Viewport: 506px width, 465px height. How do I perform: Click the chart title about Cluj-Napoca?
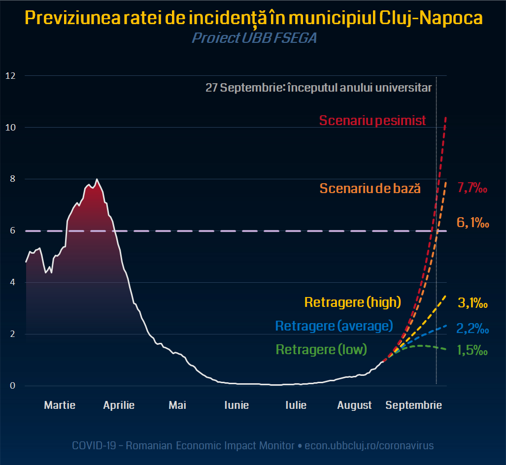253,19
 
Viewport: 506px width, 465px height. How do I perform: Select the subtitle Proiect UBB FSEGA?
254,38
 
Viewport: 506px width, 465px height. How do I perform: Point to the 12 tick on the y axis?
10,76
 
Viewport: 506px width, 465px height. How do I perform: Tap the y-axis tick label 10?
10,128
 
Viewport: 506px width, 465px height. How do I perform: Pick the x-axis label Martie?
60,405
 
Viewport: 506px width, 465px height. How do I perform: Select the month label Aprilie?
119,405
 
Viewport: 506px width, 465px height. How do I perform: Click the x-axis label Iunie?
236,405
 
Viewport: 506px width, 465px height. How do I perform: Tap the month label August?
354,405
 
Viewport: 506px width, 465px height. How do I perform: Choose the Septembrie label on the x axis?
413,405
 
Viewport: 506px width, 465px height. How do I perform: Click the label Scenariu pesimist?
372,121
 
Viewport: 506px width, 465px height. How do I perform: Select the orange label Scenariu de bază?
370,188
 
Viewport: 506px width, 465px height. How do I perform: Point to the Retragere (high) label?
353,302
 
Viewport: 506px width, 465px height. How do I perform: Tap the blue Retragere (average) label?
334,326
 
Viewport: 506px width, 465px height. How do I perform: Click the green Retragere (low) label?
321,350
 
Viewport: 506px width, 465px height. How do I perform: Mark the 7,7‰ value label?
472,188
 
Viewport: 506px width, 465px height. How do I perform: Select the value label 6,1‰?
472,223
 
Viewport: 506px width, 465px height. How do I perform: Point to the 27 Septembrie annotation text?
318,88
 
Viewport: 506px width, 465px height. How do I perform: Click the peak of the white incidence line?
97,179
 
